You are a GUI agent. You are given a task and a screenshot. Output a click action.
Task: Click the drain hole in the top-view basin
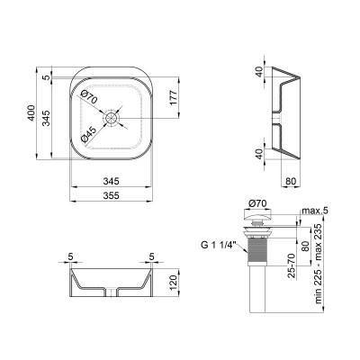click(112, 116)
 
